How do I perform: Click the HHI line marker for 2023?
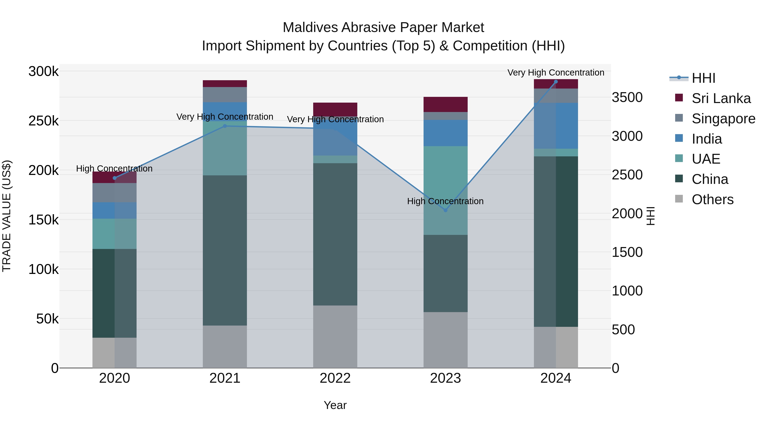point(445,210)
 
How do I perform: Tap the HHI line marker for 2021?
point(225,126)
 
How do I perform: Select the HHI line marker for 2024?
point(556,82)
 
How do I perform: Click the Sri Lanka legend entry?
point(721,98)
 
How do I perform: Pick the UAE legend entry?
point(706,159)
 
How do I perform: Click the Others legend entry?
point(712,199)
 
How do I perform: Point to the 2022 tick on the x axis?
point(335,378)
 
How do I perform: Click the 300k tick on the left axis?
point(43,71)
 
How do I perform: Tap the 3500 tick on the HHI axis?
point(627,97)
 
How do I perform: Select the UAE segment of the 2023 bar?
point(445,190)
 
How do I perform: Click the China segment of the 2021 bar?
point(225,250)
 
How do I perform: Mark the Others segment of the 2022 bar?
point(335,336)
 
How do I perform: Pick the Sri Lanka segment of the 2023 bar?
point(445,104)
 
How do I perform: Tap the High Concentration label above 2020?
point(114,169)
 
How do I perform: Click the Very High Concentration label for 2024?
point(556,73)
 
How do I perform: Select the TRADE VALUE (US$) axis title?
point(7,216)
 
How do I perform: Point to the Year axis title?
point(335,405)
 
